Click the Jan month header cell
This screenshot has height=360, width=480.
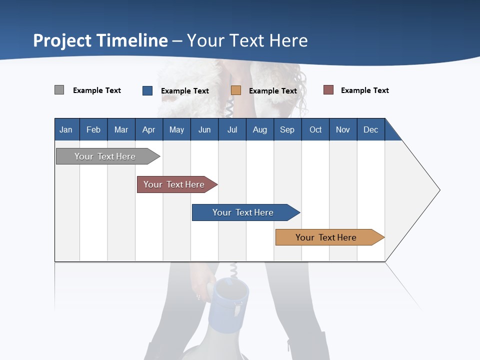tap(66, 129)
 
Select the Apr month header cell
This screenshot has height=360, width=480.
tap(149, 129)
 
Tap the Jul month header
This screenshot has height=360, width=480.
tap(232, 129)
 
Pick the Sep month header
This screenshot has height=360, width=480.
tap(287, 129)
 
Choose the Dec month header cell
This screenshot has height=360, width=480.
tap(370, 129)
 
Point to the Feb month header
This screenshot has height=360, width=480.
tap(93, 129)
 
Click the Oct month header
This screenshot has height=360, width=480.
tap(315, 129)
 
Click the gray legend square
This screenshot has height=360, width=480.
tap(59, 90)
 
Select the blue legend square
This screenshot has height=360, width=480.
tap(147, 90)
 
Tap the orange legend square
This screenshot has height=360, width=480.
tap(236, 90)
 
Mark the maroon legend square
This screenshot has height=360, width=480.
tap(328, 90)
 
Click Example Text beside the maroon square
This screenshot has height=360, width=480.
tap(364, 90)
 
